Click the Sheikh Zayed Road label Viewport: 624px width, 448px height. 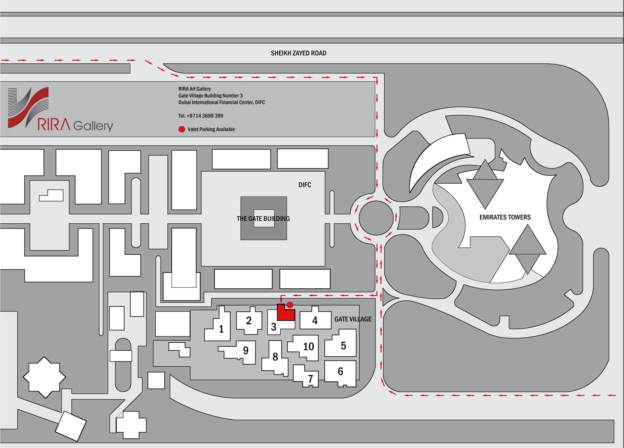[298, 53]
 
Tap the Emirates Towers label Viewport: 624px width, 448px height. [505, 217]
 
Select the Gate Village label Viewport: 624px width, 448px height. [353, 319]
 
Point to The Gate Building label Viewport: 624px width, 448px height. [263, 218]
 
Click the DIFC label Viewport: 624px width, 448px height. [305, 185]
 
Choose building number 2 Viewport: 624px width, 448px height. [249, 321]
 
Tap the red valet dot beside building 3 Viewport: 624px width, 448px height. [290, 305]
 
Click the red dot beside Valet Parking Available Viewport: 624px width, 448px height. [182, 129]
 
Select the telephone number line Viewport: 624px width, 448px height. [201, 116]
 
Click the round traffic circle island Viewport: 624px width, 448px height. [376, 218]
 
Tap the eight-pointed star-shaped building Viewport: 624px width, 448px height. [44, 377]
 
